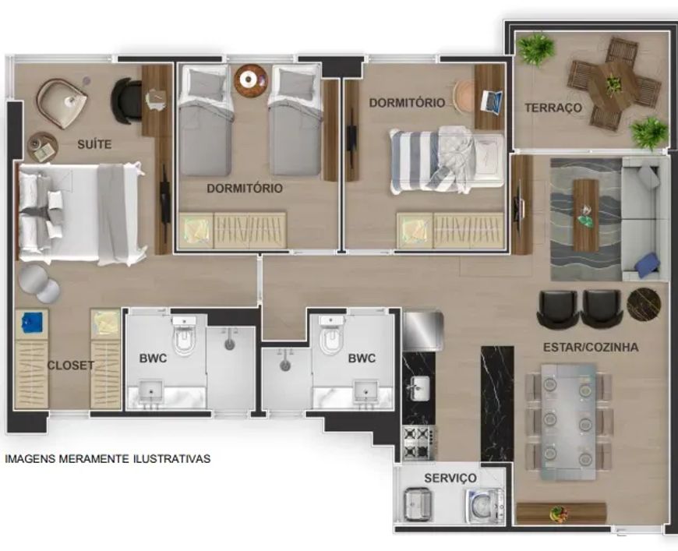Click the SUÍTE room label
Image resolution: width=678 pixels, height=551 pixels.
pyautogui.click(x=94, y=144)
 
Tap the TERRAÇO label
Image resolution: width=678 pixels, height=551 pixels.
pyautogui.click(x=553, y=108)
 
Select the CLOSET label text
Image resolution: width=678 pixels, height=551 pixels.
pyautogui.click(x=70, y=366)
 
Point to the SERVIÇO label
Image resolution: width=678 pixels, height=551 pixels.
pyautogui.click(x=450, y=478)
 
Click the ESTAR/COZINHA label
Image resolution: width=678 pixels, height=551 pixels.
pyautogui.click(x=591, y=347)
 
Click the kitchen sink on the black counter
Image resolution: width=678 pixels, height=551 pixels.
pyautogui.click(x=419, y=387)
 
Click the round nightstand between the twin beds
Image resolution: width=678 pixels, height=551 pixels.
pyautogui.click(x=250, y=80)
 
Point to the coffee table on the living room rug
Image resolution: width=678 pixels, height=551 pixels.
pyautogui.click(x=586, y=215)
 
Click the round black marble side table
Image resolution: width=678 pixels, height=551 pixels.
pyautogui.click(x=644, y=305)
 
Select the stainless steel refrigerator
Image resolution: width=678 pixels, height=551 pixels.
pyautogui.click(x=423, y=331)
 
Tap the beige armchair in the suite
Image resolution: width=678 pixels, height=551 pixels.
pyautogui.click(x=62, y=103)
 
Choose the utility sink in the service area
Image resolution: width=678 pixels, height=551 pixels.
pyautogui.click(x=417, y=504)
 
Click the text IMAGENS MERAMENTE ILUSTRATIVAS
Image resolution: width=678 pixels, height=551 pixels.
pyautogui.click(x=108, y=458)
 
